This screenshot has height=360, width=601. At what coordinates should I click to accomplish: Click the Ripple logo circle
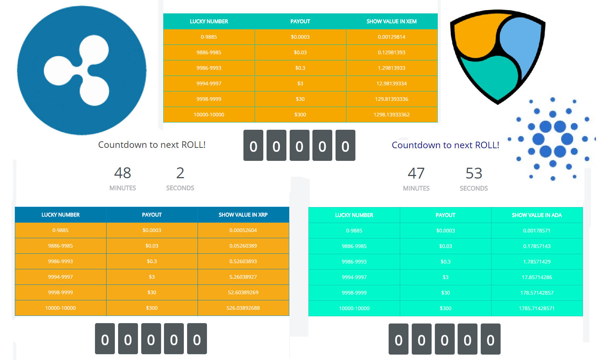click(x=82, y=70)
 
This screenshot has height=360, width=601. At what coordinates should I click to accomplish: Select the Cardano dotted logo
click(x=553, y=139)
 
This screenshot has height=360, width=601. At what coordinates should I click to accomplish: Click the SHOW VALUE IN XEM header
click(x=392, y=21)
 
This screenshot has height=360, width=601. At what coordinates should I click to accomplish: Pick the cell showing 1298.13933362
click(x=392, y=115)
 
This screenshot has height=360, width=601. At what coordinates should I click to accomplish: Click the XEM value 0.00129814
click(x=392, y=37)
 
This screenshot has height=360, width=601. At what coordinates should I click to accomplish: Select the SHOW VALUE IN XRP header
click(x=243, y=215)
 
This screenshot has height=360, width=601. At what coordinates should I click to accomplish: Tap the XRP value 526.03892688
click(x=243, y=308)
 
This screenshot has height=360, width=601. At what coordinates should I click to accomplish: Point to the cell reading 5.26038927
click(x=243, y=277)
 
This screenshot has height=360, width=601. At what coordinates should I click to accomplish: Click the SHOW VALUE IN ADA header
click(x=537, y=215)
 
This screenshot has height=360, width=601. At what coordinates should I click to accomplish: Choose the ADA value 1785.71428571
click(x=537, y=308)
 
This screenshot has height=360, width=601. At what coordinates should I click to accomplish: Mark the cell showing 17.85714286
click(x=537, y=277)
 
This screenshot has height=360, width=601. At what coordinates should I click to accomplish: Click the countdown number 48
click(x=122, y=173)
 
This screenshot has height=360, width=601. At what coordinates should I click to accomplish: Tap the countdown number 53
click(x=474, y=173)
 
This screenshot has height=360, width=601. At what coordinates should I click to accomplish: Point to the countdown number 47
click(x=416, y=173)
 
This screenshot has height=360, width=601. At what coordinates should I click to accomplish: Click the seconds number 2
click(x=180, y=173)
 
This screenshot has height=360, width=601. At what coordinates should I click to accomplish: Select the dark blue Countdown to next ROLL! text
click(x=445, y=145)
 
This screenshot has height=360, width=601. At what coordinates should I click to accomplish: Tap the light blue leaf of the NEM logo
click(x=522, y=40)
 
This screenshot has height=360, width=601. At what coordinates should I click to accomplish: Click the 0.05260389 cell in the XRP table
click(x=243, y=246)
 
